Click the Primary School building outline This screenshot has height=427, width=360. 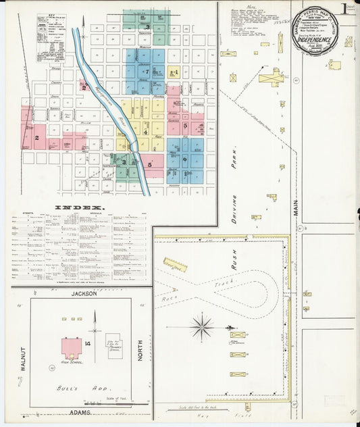[113, 345]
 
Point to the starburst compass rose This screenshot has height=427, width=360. [201, 328]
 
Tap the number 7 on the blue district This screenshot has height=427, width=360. [145, 72]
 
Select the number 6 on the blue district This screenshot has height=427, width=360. [184, 159]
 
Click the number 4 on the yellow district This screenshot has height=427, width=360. [145, 132]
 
